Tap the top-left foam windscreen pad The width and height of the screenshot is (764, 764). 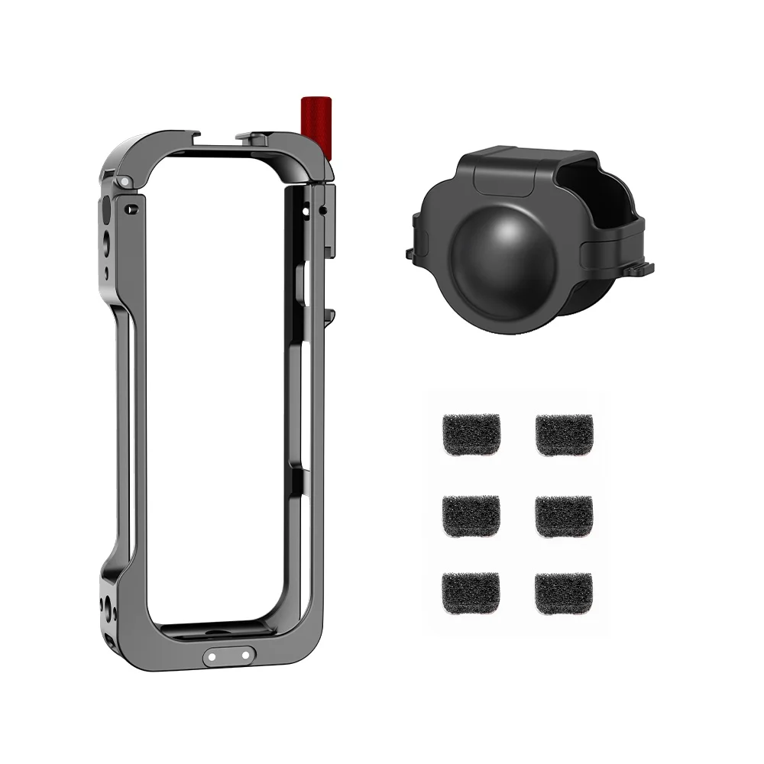point(471,433)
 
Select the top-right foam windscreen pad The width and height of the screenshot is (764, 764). point(564,433)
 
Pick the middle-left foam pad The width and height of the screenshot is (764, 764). point(471,515)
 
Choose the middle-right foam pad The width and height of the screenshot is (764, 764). point(564,515)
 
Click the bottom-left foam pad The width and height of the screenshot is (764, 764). point(471,594)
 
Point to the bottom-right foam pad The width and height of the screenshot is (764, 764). point(564,594)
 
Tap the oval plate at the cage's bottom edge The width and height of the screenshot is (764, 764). point(229,656)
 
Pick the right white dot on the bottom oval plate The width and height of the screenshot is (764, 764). point(244,656)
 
